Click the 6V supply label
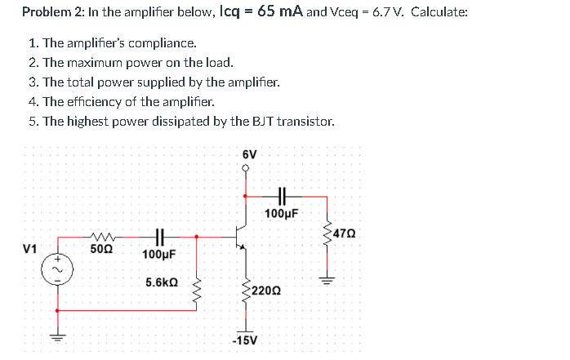249,154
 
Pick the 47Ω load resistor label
345,233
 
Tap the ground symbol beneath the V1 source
56,337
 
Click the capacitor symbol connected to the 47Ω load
282,196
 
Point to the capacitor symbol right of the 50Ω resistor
160,237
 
